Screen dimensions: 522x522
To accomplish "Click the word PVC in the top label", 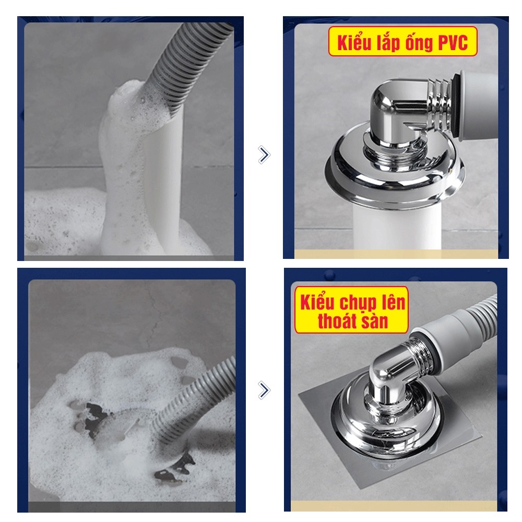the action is tap(453, 42).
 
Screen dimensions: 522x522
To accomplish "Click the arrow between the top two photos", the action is tap(264, 155).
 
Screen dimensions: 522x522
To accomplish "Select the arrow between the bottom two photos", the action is tap(264, 390).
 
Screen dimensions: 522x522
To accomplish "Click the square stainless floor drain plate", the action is tap(389, 430).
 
